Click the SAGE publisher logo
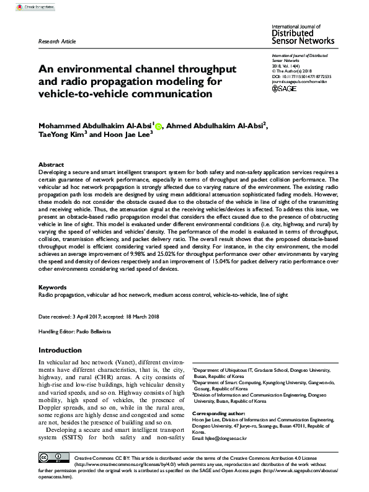pos(286,88)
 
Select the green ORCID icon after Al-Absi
pos(158,128)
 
